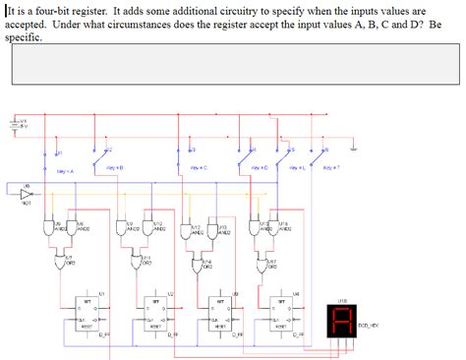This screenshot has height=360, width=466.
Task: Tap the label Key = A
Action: point(67,171)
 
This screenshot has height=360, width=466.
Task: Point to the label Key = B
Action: point(113,167)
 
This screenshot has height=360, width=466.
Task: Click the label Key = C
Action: point(197,167)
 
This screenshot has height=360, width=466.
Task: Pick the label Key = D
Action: point(260,167)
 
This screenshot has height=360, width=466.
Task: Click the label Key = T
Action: point(330,167)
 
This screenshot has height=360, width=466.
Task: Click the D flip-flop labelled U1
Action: point(87,314)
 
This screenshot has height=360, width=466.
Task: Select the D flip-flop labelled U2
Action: point(154,314)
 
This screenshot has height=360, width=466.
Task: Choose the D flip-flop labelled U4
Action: point(281,314)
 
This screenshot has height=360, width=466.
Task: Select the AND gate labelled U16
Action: point(281,230)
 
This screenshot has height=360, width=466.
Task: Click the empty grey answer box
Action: point(232,64)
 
